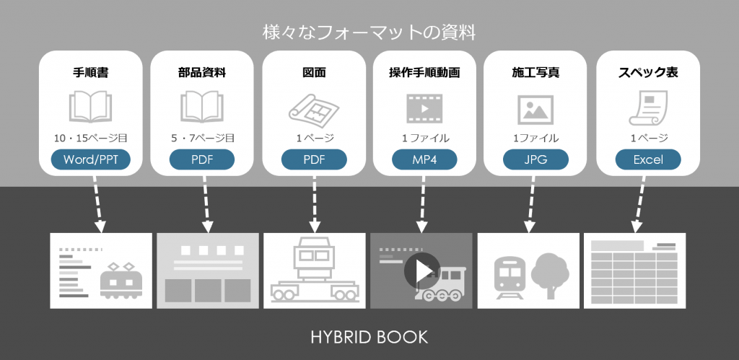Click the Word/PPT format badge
tap(90, 159)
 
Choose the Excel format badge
tap(648, 159)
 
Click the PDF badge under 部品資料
tap(202, 159)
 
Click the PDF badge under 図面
tap(314, 159)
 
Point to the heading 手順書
tap(90, 72)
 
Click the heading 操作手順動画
tap(424, 72)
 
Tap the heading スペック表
tap(648, 72)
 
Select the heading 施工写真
tap(536, 72)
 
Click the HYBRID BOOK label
tap(369, 337)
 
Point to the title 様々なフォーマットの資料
tap(369, 32)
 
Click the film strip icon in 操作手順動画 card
tap(424, 108)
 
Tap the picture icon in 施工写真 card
tap(535, 109)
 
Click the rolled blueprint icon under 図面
tap(314, 108)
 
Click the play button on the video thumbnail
tap(421, 271)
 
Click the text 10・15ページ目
tap(90, 138)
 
